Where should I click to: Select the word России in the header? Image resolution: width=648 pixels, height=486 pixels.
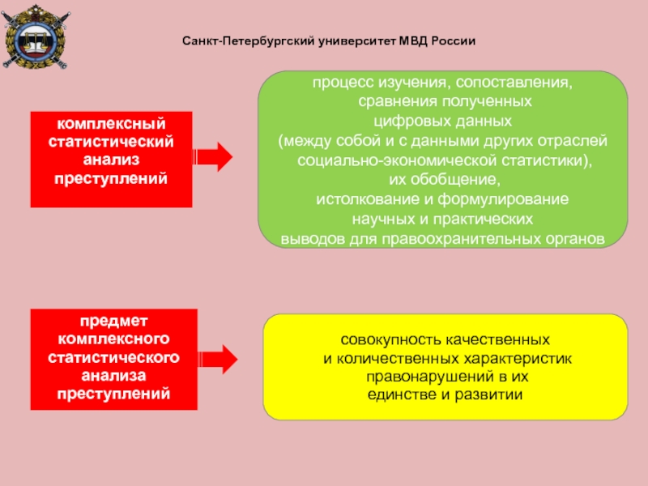[455, 40]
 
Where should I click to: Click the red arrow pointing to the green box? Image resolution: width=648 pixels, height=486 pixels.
[214, 156]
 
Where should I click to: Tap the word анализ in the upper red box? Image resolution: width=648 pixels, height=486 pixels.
[111, 160]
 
